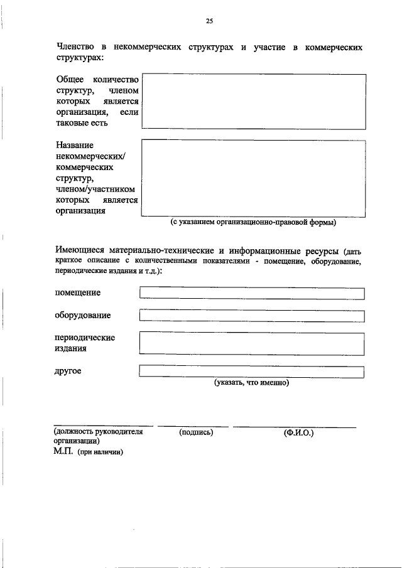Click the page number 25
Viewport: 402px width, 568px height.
coord(209,21)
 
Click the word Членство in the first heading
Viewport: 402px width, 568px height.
coord(75,47)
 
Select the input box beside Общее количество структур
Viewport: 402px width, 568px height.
coord(254,101)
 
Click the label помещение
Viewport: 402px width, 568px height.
coord(78,292)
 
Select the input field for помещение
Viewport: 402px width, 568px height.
coord(252,293)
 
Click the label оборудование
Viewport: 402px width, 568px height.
coord(83,314)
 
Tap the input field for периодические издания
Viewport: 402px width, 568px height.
coord(252,343)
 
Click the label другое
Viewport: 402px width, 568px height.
coord(68,371)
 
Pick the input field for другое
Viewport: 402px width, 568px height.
coord(252,372)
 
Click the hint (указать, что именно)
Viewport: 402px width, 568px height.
coord(251,382)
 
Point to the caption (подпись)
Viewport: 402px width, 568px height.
coord(196,432)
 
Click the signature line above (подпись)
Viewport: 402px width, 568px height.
coord(193,427)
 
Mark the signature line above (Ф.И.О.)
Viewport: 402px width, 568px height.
coord(295,427)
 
